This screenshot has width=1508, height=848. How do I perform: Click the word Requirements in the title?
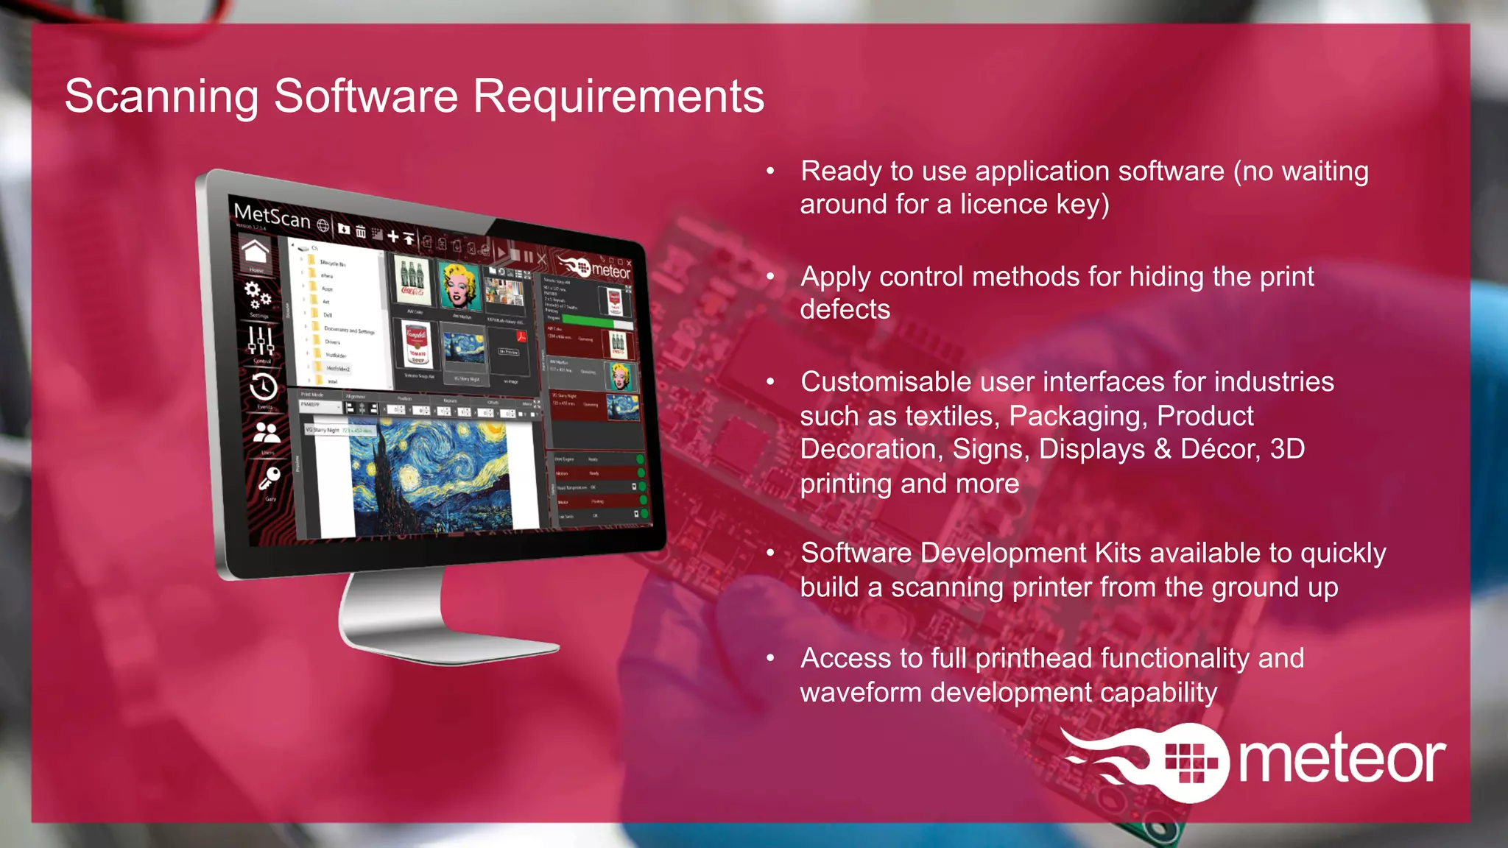[619, 96]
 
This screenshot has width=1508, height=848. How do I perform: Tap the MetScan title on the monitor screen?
[272, 216]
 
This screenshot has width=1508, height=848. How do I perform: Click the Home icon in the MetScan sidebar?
[255, 252]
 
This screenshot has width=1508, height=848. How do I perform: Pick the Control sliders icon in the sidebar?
[261, 340]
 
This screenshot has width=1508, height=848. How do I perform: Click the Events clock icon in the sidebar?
[264, 386]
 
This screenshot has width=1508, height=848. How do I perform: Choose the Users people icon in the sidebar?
[267, 432]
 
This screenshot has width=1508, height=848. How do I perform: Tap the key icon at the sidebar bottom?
[269, 479]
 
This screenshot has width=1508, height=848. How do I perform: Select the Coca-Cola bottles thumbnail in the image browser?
[412, 280]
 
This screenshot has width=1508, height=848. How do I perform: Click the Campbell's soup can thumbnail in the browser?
[417, 344]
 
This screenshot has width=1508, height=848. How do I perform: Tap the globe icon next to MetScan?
[323, 225]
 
